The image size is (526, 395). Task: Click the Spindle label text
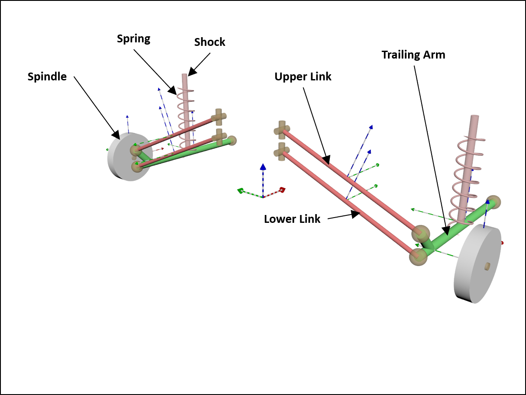47,77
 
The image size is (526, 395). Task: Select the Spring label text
133,39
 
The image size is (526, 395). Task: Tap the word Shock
210,42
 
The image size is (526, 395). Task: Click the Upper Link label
303,77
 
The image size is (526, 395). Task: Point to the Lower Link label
292,219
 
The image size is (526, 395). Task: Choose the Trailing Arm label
413,55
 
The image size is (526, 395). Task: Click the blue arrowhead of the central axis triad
263,166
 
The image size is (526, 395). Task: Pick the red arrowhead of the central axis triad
283,190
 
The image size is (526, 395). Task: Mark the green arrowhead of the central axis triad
240,191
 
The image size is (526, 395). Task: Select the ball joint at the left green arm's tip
232,140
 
